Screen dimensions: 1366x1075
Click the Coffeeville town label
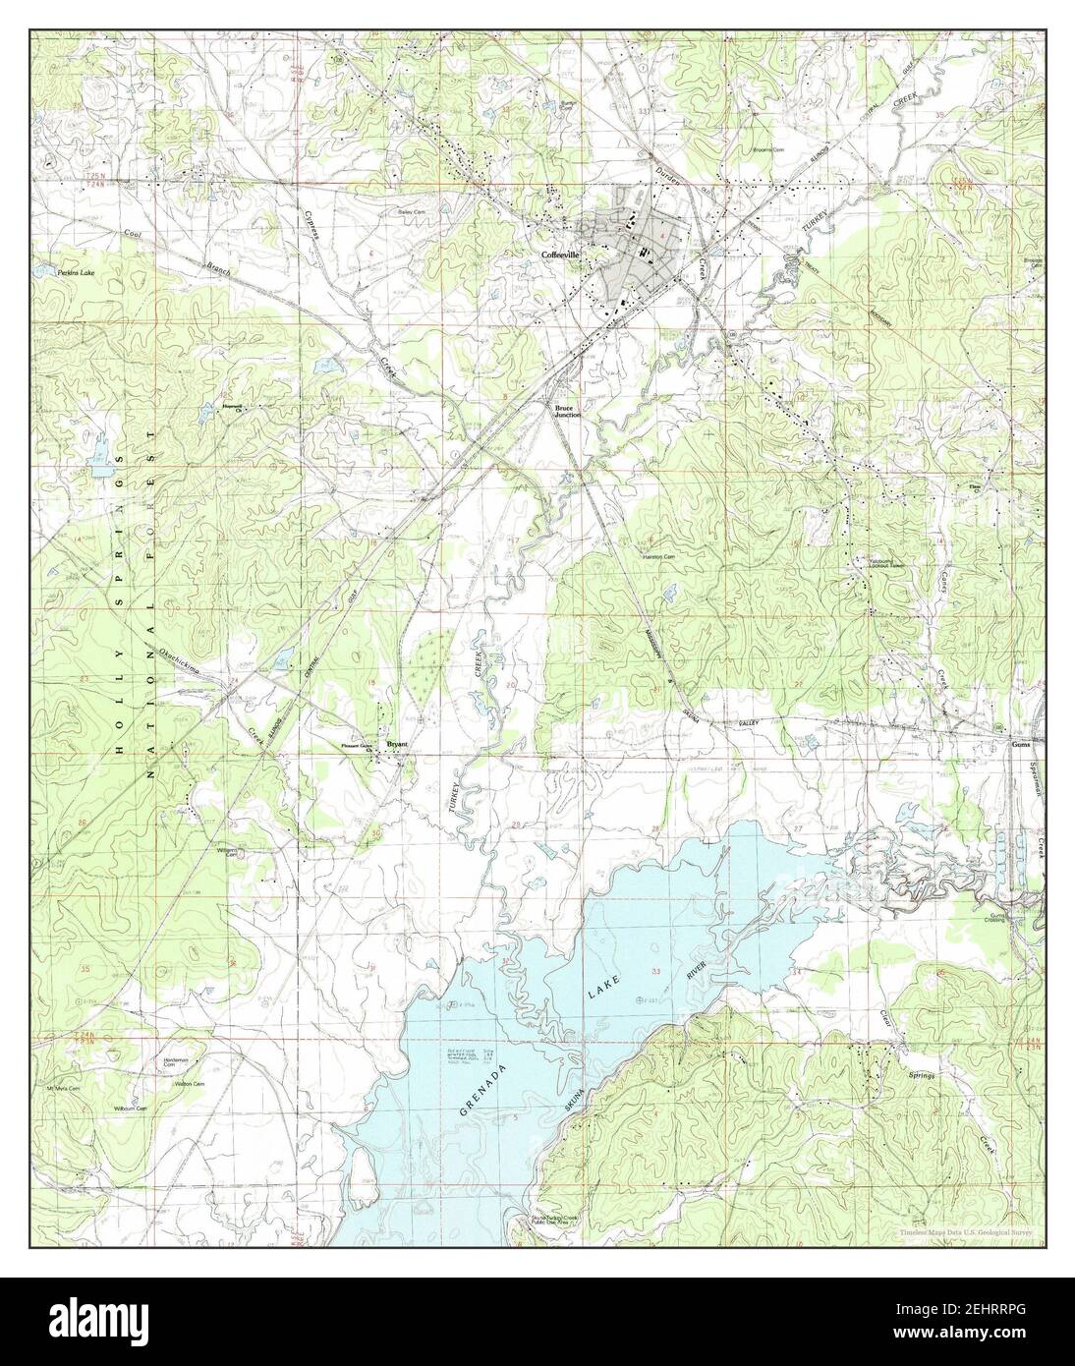tap(561, 254)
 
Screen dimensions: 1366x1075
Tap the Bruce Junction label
tap(568, 411)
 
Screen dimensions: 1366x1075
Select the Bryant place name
tap(396, 744)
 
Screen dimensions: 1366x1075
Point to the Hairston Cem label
tap(657, 557)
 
